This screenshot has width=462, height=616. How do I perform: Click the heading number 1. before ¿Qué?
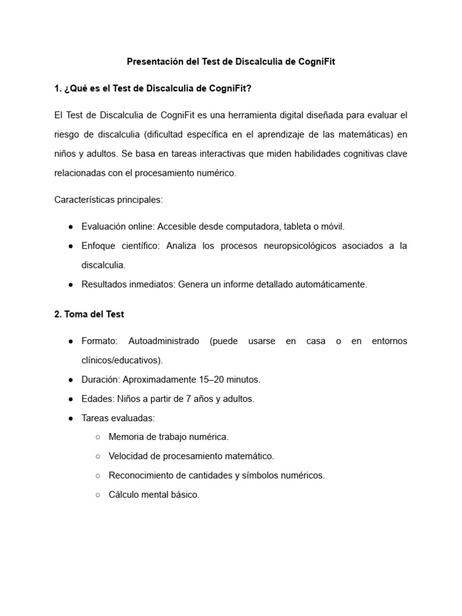(x=58, y=88)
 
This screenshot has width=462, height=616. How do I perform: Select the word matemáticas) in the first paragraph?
(x=363, y=134)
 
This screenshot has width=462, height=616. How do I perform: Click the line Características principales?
(x=108, y=199)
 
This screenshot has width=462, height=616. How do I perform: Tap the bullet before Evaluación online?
(x=70, y=226)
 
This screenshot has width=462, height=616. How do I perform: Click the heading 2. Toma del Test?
(x=89, y=314)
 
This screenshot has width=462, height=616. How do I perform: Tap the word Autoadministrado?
(x=164, y=341)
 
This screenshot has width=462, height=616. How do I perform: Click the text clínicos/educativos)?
(x=122, y=360)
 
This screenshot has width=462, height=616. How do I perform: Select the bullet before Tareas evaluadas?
(x=70, y=417)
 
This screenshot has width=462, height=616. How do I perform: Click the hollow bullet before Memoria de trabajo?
(x=98, y=437)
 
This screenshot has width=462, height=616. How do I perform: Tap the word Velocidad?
(x=128, y=456)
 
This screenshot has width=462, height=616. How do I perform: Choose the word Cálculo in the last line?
(x=124, y=494)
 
